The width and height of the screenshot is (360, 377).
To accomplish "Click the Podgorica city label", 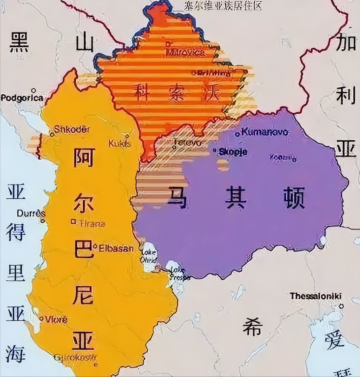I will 22,98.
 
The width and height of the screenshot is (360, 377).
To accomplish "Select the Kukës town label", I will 120,143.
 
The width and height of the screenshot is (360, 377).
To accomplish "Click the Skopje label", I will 233,152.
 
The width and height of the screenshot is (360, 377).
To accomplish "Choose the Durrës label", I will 31,214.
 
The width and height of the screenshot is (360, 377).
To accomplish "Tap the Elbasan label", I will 116,248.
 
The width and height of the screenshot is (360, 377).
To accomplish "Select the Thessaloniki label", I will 316,296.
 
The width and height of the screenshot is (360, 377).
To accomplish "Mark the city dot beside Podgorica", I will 34,90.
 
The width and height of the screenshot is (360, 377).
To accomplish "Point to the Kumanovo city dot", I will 237,134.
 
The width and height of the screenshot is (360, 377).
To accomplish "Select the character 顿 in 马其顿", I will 294,198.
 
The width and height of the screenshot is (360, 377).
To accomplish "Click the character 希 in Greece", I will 252,326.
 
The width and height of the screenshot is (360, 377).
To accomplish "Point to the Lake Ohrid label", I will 149,256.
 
